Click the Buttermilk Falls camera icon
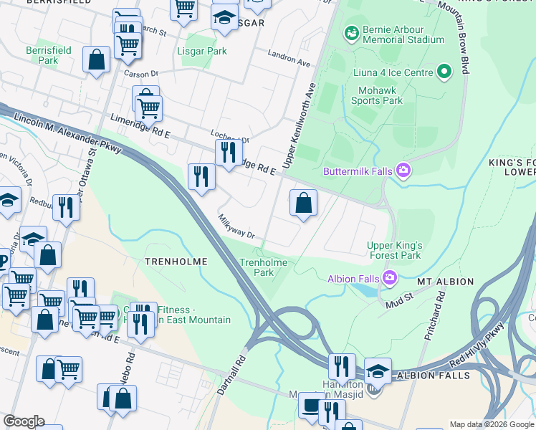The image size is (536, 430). click(x=404, y=171)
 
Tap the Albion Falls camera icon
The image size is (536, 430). click(x=389, y=277)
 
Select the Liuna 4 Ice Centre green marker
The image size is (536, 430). click(x=444, y=72)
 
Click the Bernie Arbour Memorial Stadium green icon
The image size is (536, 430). click(x=351, y=32)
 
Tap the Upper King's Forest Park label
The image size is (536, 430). click(x=393, y=250)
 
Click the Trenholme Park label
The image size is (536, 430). click(x=264, y=267)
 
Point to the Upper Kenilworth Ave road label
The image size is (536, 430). click(x=300, y=125)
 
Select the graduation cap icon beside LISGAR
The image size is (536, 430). click(x=224, y=17)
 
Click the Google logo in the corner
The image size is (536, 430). click(x=24, y=422)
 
